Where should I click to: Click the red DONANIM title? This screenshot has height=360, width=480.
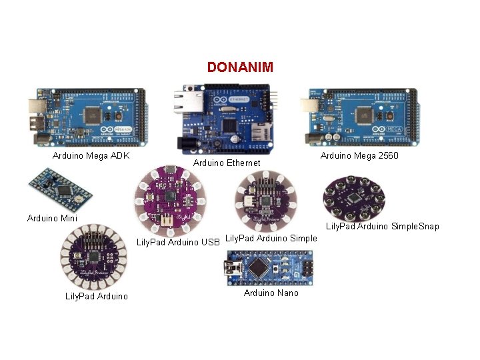tap(240, 67)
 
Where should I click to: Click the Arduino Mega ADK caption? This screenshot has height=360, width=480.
tap(91, 156)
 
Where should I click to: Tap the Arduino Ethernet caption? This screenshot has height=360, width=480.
tap(227, 163)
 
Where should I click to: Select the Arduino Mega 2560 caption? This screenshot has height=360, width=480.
tap(359, 156)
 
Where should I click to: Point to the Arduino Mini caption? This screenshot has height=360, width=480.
tap(52, 218)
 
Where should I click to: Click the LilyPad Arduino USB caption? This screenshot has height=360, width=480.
tap(179, 242)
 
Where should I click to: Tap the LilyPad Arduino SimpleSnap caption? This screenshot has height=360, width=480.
tap(382, 227)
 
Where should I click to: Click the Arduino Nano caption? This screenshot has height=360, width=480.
tap(271, 293)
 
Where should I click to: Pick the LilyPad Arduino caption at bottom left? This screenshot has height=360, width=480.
tap(97, 296)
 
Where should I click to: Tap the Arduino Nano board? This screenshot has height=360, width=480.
tap(269, 268)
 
